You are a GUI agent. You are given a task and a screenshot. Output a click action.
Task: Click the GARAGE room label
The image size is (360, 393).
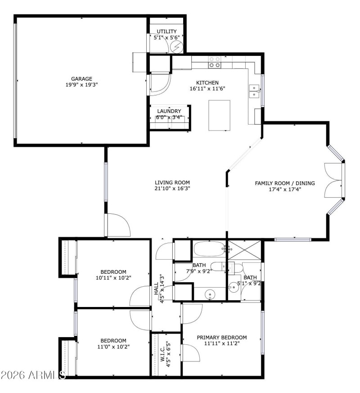[x=81, y=78]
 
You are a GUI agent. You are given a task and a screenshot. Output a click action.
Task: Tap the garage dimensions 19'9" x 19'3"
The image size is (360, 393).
[x=81, y=84]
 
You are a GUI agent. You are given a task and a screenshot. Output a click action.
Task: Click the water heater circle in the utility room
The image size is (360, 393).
[x=176, y=46]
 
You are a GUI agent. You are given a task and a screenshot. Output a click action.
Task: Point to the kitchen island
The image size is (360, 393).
[x=219, y=115]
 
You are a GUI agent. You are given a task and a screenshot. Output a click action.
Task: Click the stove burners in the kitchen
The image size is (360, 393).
[x=215, y=62]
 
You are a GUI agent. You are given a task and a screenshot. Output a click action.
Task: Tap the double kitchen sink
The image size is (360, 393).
[x=254, y=91]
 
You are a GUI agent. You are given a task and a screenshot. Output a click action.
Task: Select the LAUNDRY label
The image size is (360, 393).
[x=169, y=111]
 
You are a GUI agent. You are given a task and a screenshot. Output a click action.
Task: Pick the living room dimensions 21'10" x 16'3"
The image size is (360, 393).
[x=172, y=189]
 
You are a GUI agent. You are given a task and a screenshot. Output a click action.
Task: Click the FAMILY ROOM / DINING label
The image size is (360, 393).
[x=284, y=183]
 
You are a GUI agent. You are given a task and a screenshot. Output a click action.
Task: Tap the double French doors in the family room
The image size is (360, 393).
[x=333, y=179]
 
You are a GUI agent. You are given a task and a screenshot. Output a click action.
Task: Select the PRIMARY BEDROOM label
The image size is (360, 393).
[x=222, y=337]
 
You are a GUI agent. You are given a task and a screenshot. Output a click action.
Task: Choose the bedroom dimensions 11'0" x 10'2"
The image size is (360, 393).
[x=113, y=347]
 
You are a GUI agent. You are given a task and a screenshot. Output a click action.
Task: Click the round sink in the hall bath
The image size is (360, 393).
[x=210, y=295]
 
